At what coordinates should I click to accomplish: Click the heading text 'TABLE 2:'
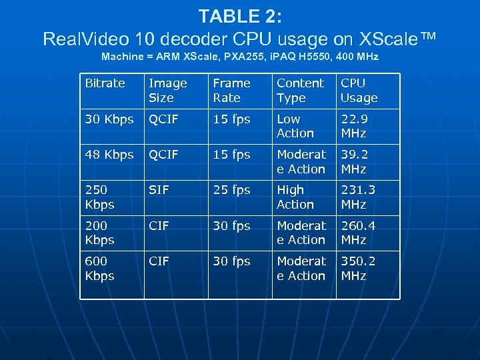pos(239,16)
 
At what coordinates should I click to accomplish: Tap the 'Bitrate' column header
pos(105,83)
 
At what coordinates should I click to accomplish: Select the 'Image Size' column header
pos(167,91)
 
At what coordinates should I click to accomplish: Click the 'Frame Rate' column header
pos(231,91)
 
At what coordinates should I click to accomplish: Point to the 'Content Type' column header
pos(300,91)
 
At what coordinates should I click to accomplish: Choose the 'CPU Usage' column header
pos(359,91)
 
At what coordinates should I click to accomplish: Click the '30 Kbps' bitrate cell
pos(109,119)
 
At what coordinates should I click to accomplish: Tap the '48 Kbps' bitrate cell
pos(109,155)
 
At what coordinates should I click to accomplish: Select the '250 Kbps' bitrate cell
pos(99,197)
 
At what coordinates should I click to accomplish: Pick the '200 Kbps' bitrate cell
pos(99,233)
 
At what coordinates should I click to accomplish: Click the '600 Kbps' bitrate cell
pos(99,268)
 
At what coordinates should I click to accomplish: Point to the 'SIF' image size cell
pos(158,190)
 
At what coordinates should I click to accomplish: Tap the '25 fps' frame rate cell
pos(231,190)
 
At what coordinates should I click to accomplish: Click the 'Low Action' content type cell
pos(295,126)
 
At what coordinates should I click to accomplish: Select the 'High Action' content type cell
pos(295,197)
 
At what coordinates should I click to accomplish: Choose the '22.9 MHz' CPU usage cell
pos(354,126)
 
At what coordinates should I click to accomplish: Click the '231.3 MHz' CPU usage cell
pos(358,197)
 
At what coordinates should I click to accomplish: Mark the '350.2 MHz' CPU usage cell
pos(358,268)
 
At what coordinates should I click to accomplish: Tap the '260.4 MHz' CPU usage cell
pos(358,233)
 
